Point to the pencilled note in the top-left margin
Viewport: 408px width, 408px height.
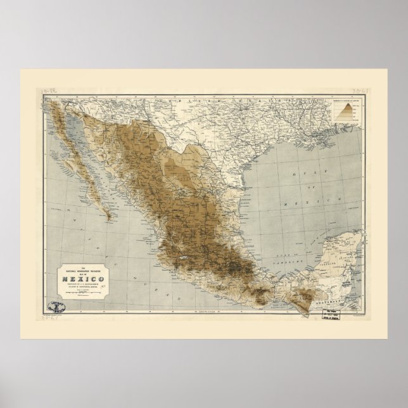pos(60,92)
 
